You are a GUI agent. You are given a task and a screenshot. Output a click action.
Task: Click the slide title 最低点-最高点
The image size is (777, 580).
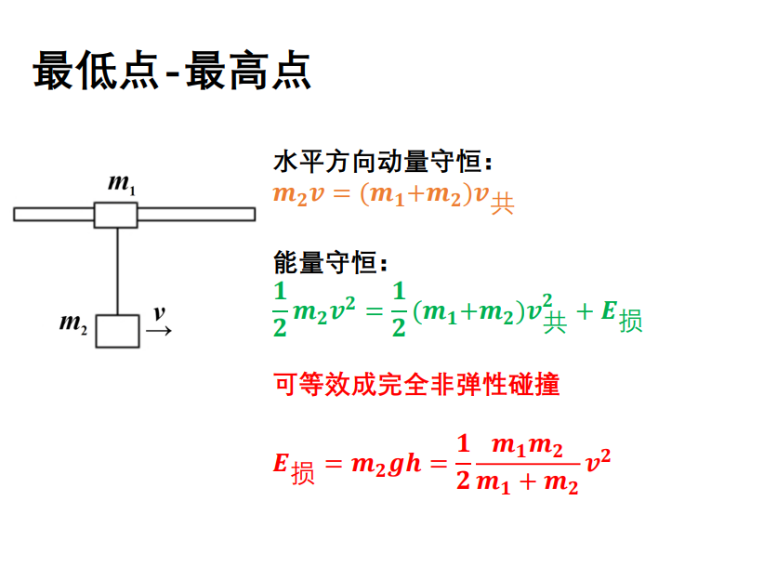pyautogui.click(x=172, y=71)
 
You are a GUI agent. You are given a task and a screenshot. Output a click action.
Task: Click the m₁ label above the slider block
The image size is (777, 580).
pyautogui.click(x=122, y=184)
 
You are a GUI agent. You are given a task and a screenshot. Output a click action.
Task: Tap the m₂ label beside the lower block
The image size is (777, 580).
pyautogui.click(x=73, y=323)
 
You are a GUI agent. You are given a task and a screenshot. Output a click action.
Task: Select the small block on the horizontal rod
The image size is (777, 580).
pyautogui.click(x=116, y=215)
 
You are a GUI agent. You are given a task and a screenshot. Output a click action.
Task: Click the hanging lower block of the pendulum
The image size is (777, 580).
pyautogui.click(x=118, y=331)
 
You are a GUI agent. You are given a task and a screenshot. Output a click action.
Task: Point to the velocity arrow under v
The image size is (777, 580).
pyautogui.click(x=159, y=331)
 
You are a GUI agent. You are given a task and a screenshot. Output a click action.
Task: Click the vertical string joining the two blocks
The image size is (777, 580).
pyautogui.click(x=117, y=270)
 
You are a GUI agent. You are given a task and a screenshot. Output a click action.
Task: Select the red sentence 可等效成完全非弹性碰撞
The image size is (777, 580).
pyautogui.click(x=416, y=384)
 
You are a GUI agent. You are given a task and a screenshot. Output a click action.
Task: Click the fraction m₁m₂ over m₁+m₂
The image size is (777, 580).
pyautogui.click(x=527, y=464)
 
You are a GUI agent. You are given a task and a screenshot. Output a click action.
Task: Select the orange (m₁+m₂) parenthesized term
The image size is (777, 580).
pyautogui.click(x=416, y=195)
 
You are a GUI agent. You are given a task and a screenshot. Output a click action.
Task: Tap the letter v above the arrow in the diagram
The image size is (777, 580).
pyautogui.click(x=159, y=312)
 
